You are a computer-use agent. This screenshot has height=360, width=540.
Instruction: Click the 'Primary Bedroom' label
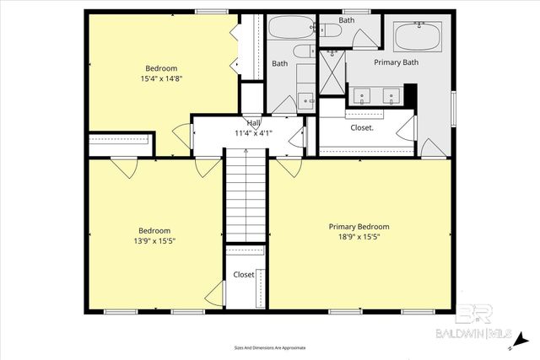pyautogui.click(x=359, y=226)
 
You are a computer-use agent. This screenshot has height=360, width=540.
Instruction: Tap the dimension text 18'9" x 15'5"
pyautogui.click(x=359, y=237)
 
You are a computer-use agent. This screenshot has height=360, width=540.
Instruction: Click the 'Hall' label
pyautogui.click(x=253, y=123)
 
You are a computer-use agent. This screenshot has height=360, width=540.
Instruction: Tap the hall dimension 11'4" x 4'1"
pyautogui.click(x=253, y=132)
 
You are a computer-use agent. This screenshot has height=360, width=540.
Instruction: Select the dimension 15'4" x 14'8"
pyautogui.click(x=162, y=78)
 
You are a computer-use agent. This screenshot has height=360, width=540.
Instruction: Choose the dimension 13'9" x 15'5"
pyautogui.click(x=155, y=241)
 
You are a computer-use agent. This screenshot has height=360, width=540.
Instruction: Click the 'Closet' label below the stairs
pyautogui.click(x=244, y=275)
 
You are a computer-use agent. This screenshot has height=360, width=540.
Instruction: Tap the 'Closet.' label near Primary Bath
pyautogui.click(x=363, y=128)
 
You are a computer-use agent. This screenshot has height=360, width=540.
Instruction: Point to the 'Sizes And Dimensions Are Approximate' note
pyautogui.click(x=270, y=347)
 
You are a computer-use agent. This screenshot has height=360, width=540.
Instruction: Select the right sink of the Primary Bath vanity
pyautogui.click(x=391, y=94)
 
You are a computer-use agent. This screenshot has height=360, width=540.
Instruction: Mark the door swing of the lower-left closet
pyautogui.click(x=215, y=293)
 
